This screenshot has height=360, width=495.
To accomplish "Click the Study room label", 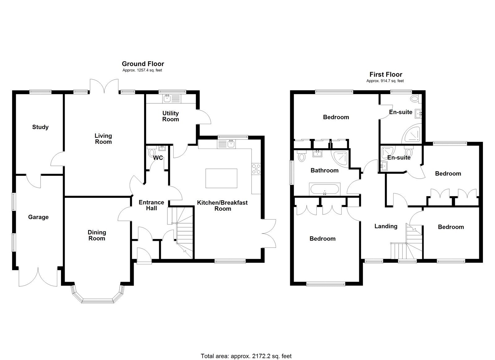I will coord(40,127).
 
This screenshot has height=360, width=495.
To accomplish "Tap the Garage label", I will coord(38,217).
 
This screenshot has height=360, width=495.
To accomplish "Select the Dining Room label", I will coord(97,235).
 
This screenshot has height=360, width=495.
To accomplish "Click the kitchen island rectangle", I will coord(221,178).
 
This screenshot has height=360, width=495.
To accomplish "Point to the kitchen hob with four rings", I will coord(256,169).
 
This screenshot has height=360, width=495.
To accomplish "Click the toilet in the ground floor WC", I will coord(152,153).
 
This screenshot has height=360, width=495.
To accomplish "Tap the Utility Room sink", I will coord(167,99).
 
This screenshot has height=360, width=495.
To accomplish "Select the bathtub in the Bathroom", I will coord(324,189).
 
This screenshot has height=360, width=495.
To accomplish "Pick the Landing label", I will coord(386,226).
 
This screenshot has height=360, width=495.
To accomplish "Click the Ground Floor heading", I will coord(143,64).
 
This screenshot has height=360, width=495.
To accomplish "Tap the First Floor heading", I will coord(385,74).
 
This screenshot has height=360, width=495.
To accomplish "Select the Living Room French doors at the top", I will coord(104,86).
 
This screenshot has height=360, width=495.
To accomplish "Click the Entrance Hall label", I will coord(151,205).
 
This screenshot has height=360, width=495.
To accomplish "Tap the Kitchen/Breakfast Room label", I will coord(222,206).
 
